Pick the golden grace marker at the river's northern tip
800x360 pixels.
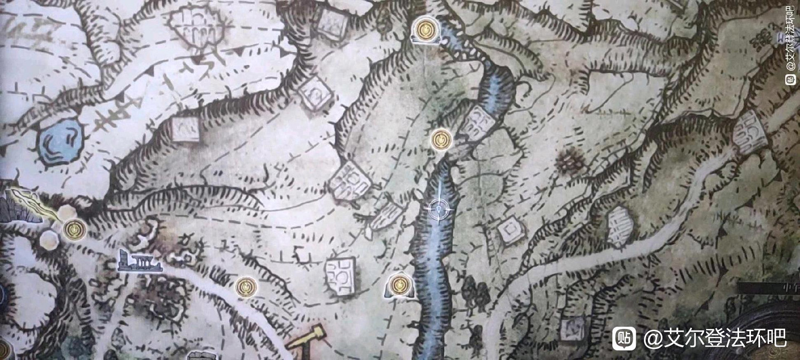tap(426, 30)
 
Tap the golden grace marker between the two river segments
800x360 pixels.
tap(441, 140)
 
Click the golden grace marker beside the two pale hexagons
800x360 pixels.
tap(74, 230)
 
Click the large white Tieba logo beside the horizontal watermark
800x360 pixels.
tap(623, 338)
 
